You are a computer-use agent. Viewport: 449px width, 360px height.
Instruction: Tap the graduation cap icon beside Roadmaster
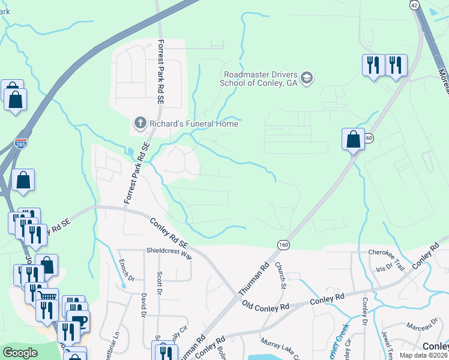(307, 79)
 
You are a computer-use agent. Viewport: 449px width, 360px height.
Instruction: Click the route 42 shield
(414, 5)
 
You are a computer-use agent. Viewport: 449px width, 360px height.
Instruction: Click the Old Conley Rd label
(265, 306)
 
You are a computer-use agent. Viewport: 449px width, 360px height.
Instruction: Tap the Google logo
(20, 352)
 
